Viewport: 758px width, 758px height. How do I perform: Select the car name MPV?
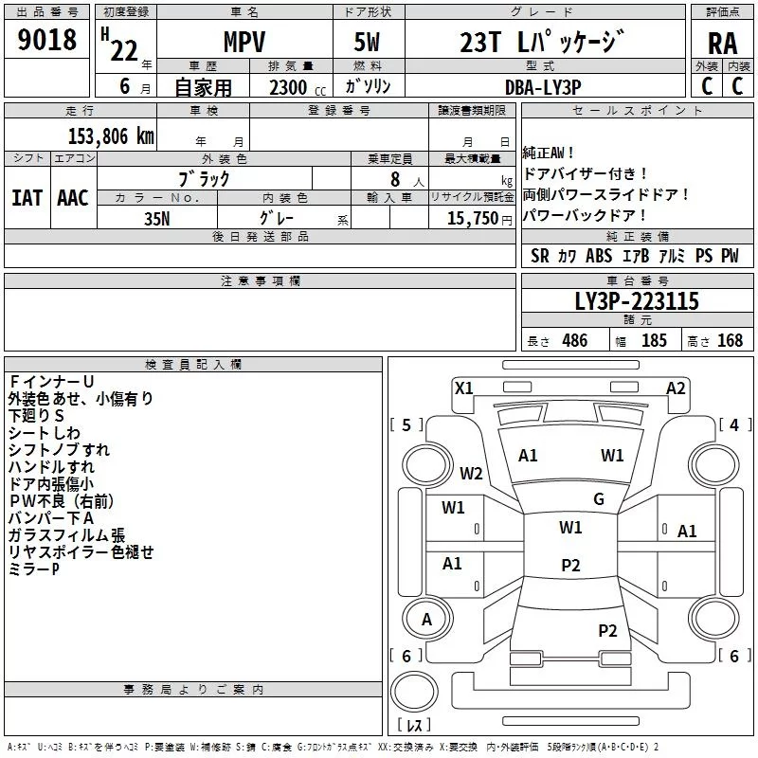pyautogui.click(x=244, y=44)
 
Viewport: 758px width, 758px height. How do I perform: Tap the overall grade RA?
pyautogui.click(x=722, y=44)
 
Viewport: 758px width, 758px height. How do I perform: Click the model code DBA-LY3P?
pyautogui.click(x=543, y=86)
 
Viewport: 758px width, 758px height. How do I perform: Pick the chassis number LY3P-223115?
pyautogui.click(x=637, y=301)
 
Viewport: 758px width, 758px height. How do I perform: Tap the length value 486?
pyautogui.click(x=574, y=341)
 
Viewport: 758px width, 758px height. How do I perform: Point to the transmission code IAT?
pyautogui.click(x=27, y=198)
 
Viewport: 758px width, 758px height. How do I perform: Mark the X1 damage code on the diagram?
pyautogui.click(x=464, y=387)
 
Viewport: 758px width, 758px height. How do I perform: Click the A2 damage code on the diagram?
pyautogui.click(x=676, y=388)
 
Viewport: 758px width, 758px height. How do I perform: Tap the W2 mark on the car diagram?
pyautogui.click(x=471, y=473)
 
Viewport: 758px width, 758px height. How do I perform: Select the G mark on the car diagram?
pyautogui.click(x=598, y=498)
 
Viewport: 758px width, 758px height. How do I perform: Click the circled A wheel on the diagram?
pyautogui.click(x=426, y=620)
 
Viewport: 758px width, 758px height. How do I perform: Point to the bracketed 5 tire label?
pyautogui.click(x=406, y=424)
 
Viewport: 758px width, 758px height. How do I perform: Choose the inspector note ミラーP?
pyautogui.click(x=34, y=568)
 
